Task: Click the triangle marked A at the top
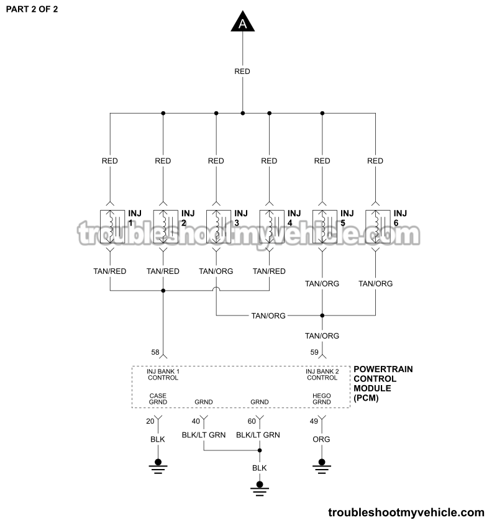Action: click(x=242, y=23)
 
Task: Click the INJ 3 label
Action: click(x=241, y=218)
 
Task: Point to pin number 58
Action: click(x=155, y=353)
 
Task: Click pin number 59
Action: click(x=314, y=353)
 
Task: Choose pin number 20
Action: click(x=150, y=421)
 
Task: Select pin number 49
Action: click(x=314, y=421)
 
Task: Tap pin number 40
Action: click(x=196, y=421)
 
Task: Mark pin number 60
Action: click(x=251, y=421)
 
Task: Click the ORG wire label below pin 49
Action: click(x=322, y=439)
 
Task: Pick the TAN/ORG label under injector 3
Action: click(x=216, y=271)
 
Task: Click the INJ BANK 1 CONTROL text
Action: click(x=163, y=374)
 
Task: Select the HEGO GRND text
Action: click(x=322, y=398)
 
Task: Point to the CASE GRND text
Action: click(x=158, y=398)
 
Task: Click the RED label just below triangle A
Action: click(x=242, y=71)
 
